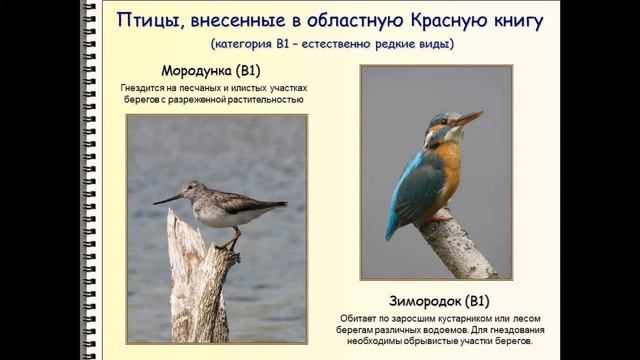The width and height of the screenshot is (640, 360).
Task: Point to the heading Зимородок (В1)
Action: click(x=437, y=300)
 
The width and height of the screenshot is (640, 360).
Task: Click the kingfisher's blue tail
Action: click(x=395, y=226)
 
